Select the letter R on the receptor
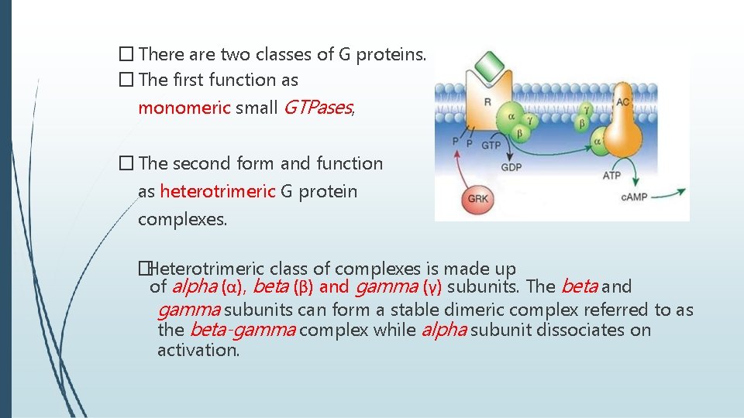pos(487,101)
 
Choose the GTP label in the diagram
pos(491,145)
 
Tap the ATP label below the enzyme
pos(611,176)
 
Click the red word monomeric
pos(184,108)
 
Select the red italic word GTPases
pos(317,108)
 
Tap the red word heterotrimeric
pos(217,191)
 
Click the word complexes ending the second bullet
pos(182,219)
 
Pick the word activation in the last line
pos(198,350)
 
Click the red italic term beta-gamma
pos(242,331)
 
